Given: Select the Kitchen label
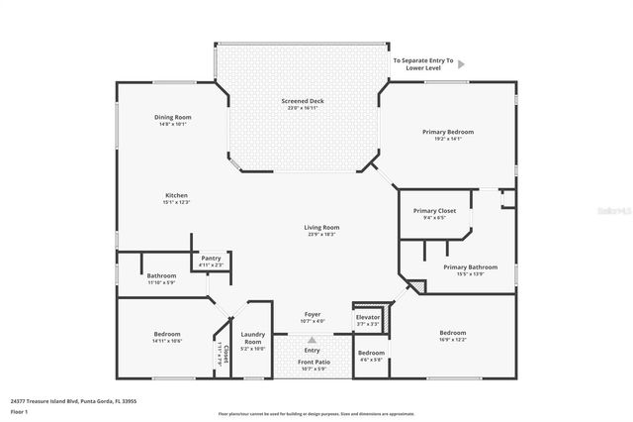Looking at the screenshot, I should [176, 195].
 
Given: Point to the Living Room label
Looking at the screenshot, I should [322, 228].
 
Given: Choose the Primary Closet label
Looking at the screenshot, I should [433, 211].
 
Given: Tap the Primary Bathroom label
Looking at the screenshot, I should [470, 266].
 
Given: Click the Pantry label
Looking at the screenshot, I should [212, 258].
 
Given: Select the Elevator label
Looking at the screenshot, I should [368, 317].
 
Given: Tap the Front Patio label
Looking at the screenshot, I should [313, 363].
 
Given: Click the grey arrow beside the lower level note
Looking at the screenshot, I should [461, 65].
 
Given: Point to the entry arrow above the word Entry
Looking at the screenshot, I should [312, 340].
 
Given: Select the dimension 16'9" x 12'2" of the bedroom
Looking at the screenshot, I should [452, 340].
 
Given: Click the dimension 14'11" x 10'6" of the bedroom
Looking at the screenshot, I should [167, 341].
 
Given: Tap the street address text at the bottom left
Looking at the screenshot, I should [73, 401].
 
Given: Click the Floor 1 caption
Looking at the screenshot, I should [19, 411].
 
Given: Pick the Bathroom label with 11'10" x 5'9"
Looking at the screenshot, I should [161, 275].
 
